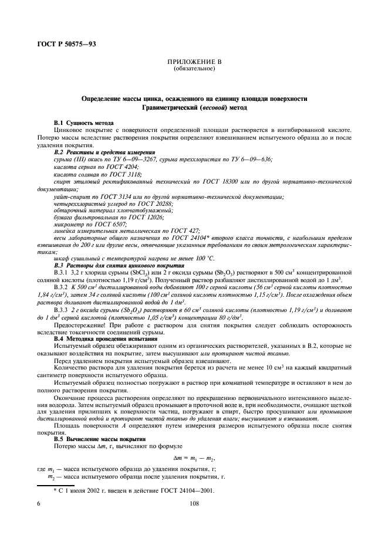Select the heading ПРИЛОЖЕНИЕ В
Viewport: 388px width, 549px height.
[194, 63]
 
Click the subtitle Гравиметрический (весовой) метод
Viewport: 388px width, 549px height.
[194, 108]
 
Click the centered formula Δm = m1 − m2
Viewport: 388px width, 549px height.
[194, 460]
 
